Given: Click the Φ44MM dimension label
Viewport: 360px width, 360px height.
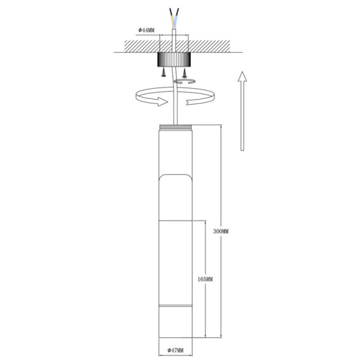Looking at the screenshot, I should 147,30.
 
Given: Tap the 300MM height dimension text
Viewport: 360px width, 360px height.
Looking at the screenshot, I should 220,232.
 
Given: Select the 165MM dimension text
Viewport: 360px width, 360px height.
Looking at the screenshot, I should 205,279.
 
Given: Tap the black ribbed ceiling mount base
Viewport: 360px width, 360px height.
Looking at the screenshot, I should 175,59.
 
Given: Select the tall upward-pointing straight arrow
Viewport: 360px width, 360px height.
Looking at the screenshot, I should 242,110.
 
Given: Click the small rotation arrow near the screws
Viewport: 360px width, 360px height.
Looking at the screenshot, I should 184,81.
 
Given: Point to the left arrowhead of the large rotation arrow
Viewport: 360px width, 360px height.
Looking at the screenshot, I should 161,101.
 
